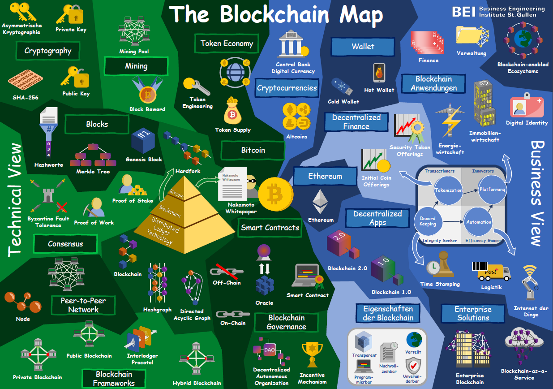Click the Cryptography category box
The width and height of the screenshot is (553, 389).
click(x=48, y=51)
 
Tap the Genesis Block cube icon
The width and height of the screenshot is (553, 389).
click(x=143, y=141)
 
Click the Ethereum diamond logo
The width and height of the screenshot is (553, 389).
click(x=320, y=202)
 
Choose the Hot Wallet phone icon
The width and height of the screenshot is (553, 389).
click(x=379, y=73)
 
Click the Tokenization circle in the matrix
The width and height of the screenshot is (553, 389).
click(x=449, y=190)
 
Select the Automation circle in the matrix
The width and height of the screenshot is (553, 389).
click(x=478, y=222)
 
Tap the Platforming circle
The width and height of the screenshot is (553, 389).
click(x=492, y=190)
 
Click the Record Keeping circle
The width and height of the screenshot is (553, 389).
click(x=428, y=221)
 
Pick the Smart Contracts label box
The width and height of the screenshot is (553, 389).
click(x=270, y=228)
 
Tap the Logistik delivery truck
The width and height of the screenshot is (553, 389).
click(x=491, y=272)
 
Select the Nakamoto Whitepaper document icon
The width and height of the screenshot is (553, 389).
click(x=231, y=184)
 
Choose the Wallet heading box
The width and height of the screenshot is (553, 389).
click(x=363, y=47)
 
